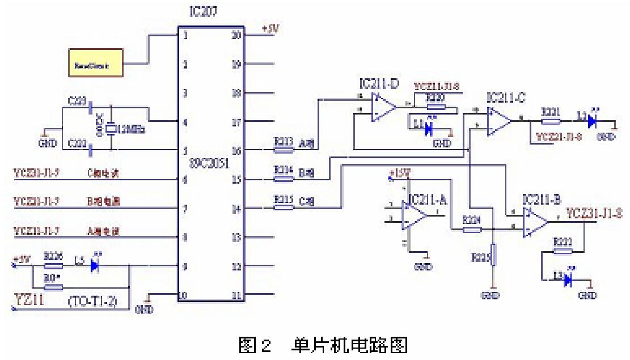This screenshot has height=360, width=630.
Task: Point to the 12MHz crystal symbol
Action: tap(111, 129)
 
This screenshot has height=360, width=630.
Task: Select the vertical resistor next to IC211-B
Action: tap(493, 255)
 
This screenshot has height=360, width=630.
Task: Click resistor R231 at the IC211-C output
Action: tap(551, 121)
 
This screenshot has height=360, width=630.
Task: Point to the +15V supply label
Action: tap(401, 172)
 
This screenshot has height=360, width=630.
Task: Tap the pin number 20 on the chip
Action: tap(238, 35)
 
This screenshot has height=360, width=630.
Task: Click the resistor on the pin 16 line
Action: tap(284, 150)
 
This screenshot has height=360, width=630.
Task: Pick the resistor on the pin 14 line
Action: tap(284, 208)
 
